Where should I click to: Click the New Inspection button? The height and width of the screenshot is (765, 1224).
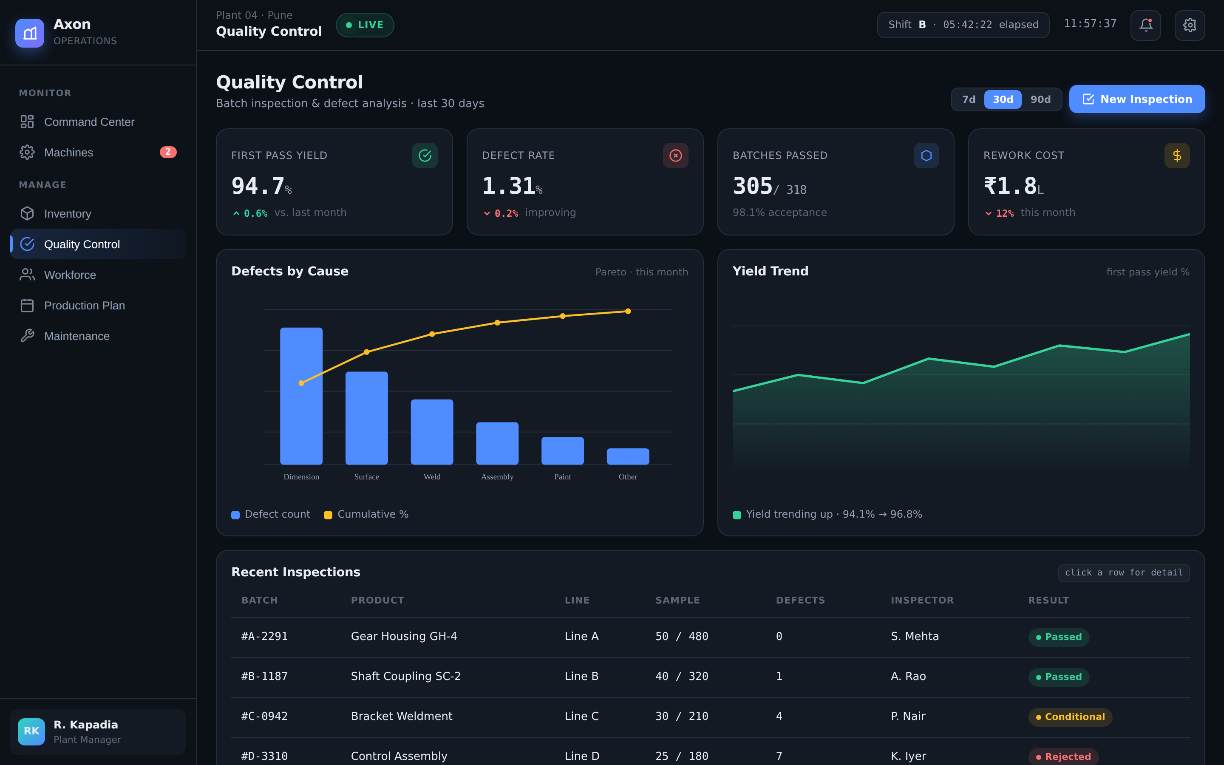(1136, 99)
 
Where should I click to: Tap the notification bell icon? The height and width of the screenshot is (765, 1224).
(1146, 25)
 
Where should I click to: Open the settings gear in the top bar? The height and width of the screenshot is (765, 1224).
(1190, 25)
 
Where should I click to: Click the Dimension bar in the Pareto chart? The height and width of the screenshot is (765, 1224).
(301, 396)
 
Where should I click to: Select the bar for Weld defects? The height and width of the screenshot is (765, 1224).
(432, 432)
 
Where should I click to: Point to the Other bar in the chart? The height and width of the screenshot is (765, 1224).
(628, 456)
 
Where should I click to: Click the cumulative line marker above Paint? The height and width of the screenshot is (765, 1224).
(562, 316)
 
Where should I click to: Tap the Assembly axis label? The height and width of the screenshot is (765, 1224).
(497, 476)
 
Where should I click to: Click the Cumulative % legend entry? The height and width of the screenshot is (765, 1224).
(366, 515)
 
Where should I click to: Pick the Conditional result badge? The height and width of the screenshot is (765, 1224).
(1070, 717)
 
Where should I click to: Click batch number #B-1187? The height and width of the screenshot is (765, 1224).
(264, 677)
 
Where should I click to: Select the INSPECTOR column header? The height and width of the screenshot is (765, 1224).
(922, 600)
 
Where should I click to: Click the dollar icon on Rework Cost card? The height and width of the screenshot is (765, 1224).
(1177, 155)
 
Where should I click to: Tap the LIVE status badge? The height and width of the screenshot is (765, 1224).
(365, 25)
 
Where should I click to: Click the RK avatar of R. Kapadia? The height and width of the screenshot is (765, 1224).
(31, 731)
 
